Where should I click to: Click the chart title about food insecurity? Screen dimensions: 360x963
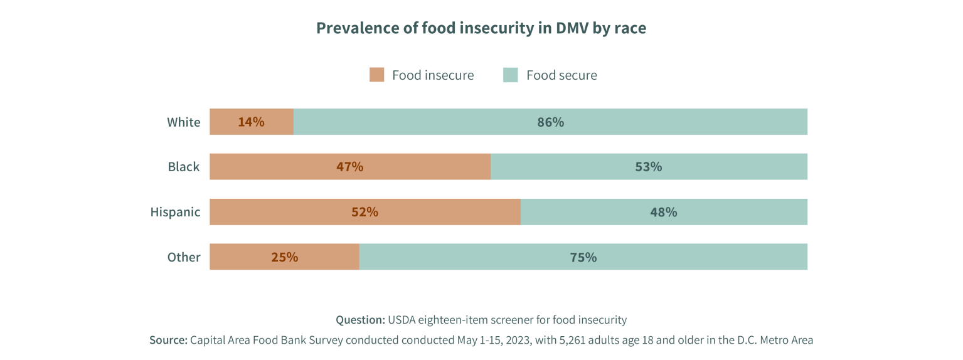481,28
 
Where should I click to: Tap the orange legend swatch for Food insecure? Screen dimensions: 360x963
376,75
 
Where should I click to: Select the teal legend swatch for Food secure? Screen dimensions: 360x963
511,75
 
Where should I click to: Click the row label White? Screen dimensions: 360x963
183,122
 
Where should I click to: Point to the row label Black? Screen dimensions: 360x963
183,167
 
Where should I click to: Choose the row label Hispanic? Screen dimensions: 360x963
175,212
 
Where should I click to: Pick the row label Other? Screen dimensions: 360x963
183,257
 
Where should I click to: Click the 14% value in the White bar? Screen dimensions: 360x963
251,122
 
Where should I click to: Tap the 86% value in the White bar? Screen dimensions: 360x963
550,122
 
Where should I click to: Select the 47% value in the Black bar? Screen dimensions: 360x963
349,167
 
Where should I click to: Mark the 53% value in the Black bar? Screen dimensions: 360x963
649,167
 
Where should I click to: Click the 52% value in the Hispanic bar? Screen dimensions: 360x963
364,212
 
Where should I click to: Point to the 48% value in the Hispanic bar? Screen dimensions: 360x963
663,212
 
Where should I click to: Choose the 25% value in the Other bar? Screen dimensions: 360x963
284,257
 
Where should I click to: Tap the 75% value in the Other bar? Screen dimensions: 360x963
583,257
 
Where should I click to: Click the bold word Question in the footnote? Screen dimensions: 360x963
360,320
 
